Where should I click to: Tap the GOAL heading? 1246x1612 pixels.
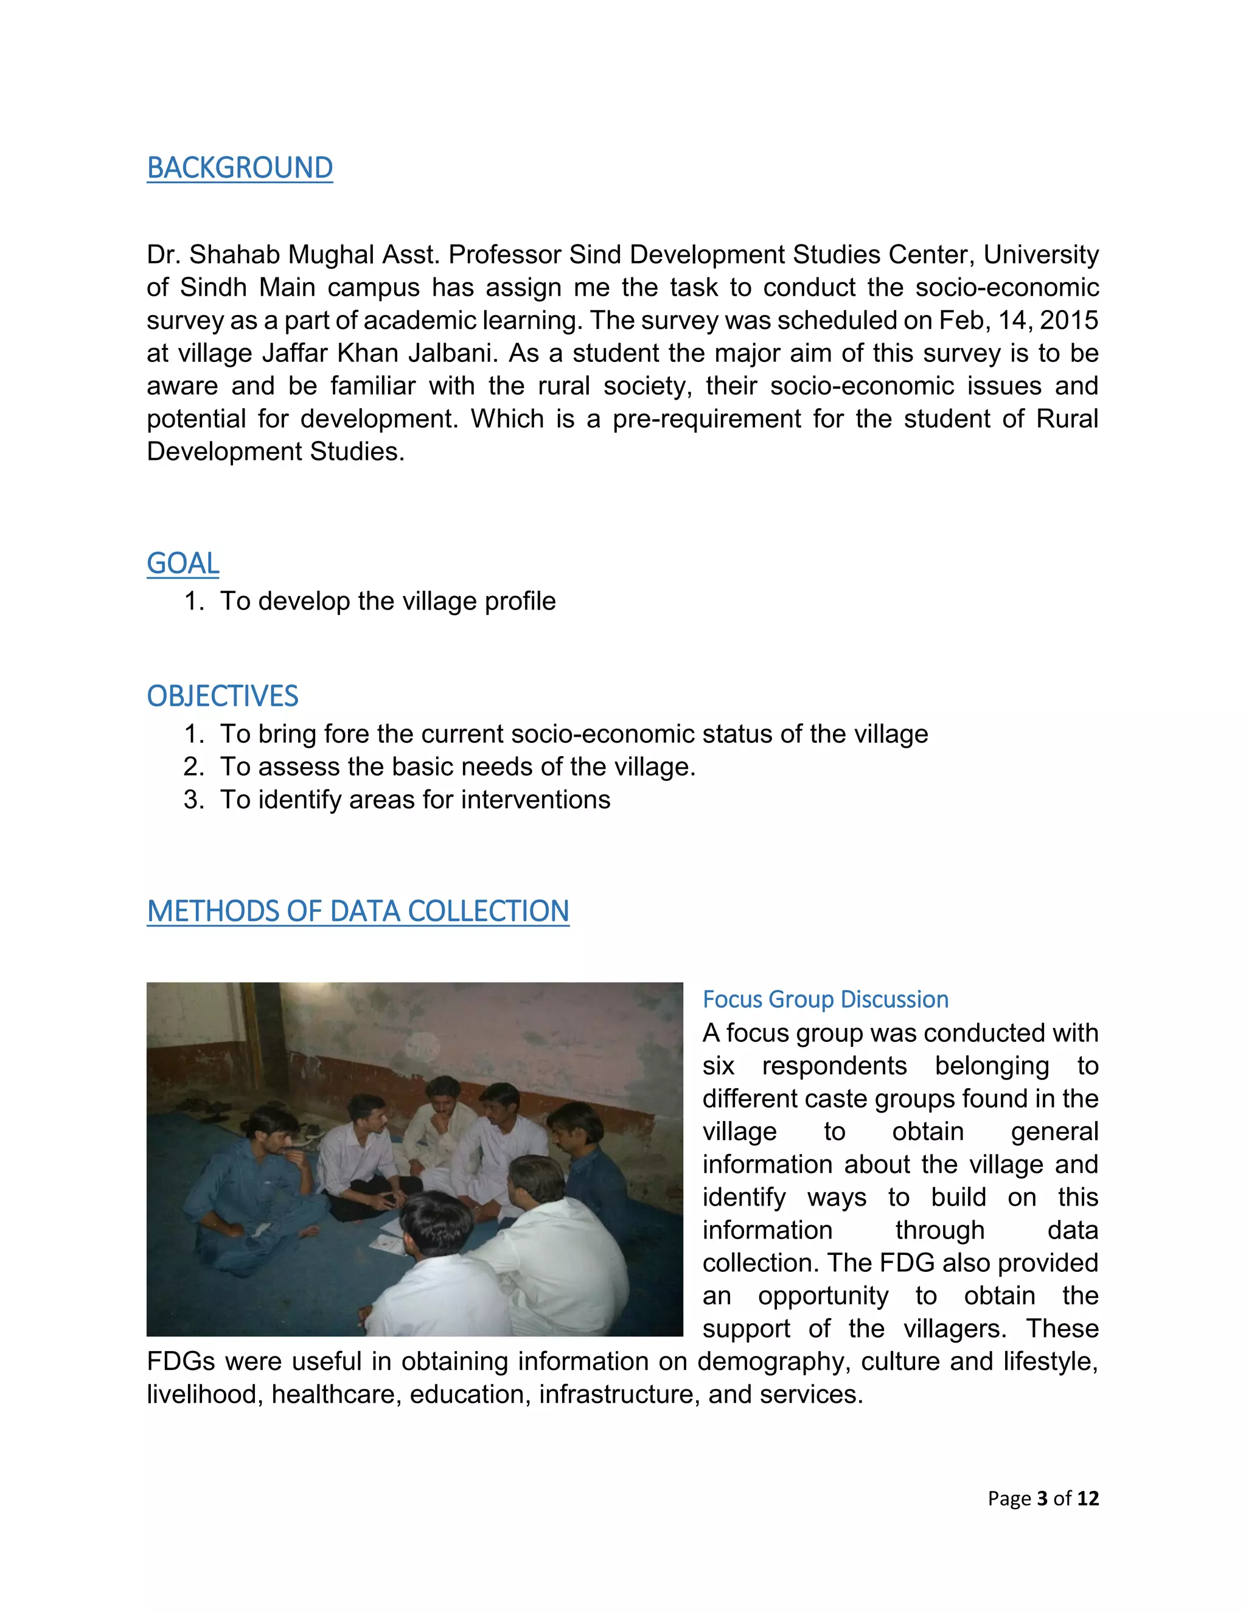tap(183, 563)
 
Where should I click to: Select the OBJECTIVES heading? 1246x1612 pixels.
tap(222, 696)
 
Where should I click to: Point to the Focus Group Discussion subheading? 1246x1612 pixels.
tap(825, 999)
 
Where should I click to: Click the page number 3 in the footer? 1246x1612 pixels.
tap(1042, 1498)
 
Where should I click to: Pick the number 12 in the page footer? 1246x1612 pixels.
tap(1087, 1498)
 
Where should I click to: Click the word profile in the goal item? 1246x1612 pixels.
tap(520, 601)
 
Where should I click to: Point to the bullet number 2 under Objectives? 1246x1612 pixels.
tap(193, 767)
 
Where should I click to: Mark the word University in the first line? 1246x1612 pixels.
tap(1041, 255)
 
